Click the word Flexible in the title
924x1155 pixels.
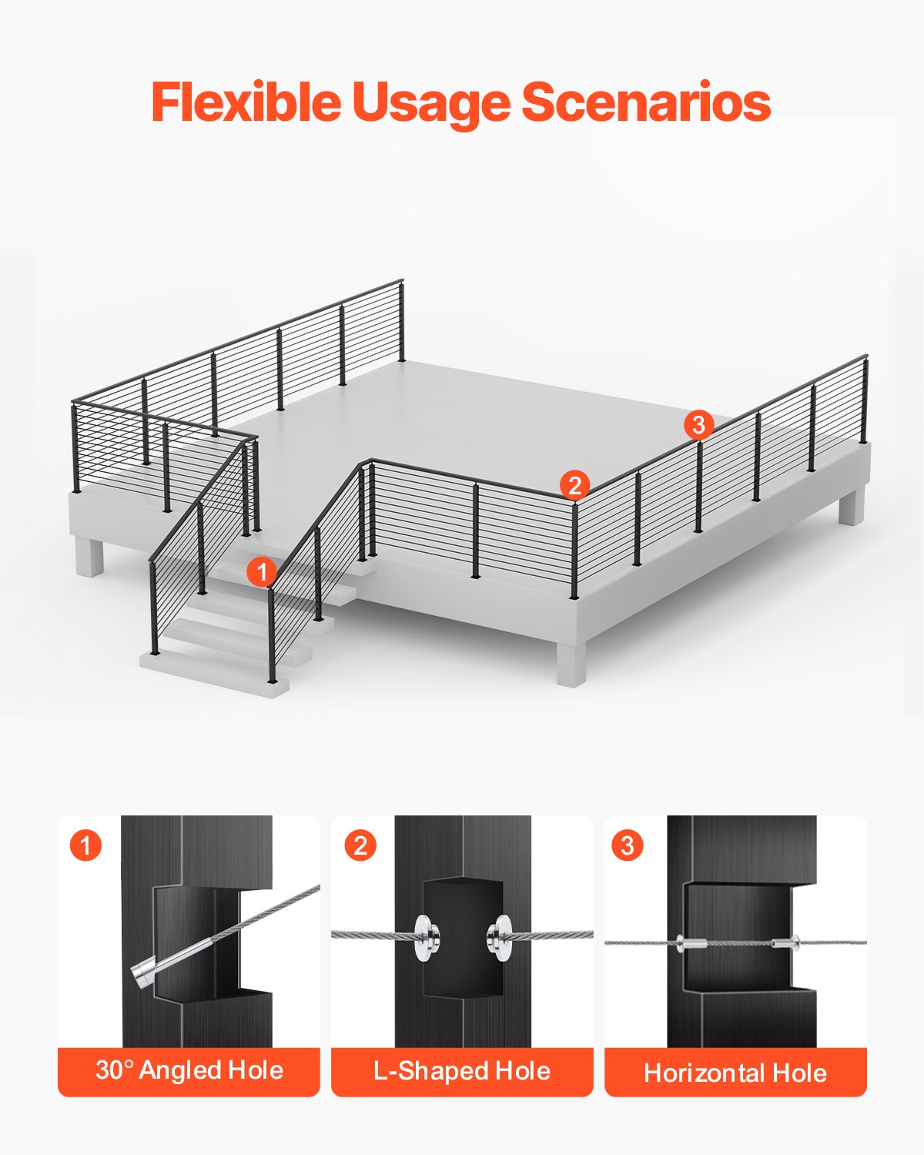pos(246,102)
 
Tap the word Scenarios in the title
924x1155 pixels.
pos(646,102)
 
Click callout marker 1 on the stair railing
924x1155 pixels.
pos(262,572)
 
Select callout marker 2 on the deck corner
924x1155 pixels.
pos(574,486)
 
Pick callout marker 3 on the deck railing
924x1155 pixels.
pos(698,424)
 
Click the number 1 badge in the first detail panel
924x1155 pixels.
pos(85,845)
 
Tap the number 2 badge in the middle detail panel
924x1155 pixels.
pos(360,845)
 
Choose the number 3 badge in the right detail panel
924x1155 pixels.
pos(627,845)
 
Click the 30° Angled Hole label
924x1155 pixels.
pos(189,1070)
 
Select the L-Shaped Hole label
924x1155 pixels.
pos(462,1070)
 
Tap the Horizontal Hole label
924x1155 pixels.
pos(735,1072)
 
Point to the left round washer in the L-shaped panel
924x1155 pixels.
pos(425,937)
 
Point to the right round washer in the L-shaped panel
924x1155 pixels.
pos(499,937)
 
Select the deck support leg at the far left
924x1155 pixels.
pos(89,556)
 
